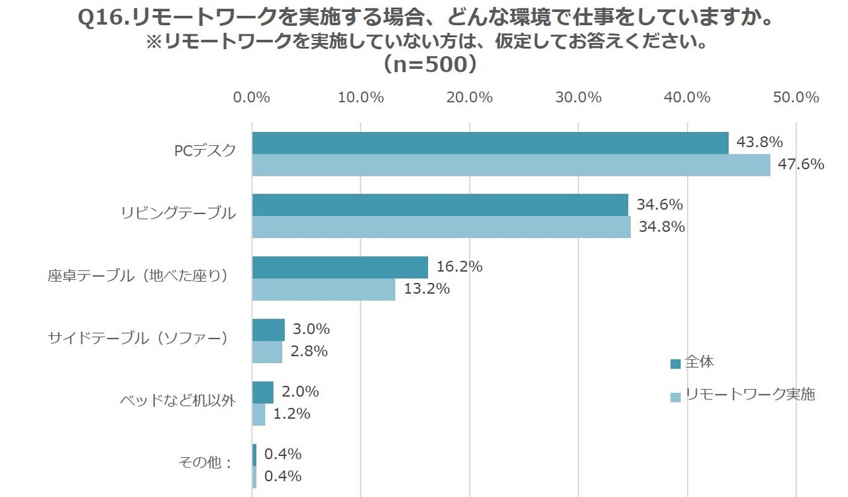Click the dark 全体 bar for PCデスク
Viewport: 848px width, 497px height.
coord(490,143)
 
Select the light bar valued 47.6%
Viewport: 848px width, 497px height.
coord(511,165)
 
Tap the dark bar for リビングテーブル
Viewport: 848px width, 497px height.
coord(440,205)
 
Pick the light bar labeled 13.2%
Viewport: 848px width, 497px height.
coord(324,290)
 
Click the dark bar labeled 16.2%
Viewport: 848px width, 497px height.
coord(340,267)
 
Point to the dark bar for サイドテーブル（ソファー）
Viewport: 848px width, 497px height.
coord(268,329)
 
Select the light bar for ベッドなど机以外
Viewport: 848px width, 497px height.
coord(258,414)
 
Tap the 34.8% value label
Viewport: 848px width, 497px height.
coord(661,227)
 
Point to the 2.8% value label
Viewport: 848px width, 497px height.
coord(310,351)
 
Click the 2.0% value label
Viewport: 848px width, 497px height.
coord(300,392)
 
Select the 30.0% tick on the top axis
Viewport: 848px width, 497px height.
coord(578,97)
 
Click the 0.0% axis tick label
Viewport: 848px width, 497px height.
coord(252,97)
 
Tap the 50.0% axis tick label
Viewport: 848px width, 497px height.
coord(796,97)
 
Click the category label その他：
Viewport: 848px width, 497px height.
coord(206,463)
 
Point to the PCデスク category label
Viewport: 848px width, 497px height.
coord(205,150)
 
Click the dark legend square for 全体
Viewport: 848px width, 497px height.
coord(675,364)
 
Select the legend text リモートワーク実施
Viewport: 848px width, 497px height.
coord(750,395)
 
